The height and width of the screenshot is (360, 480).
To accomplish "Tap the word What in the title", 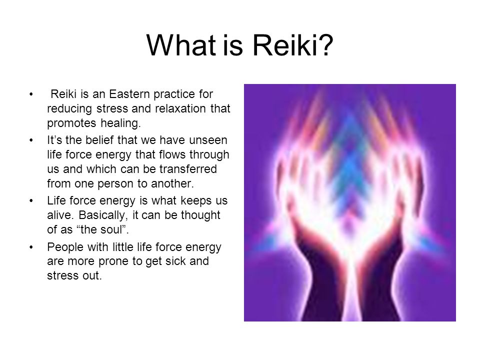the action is [x=181, y=45].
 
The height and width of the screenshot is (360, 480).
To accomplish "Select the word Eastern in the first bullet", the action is [x=130, y=94].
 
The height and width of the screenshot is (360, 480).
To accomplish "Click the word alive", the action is [x=60, y=215].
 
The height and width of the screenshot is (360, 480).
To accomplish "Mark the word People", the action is [x=65, y=247].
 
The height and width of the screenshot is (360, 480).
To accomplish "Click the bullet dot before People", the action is [x=31, y=247].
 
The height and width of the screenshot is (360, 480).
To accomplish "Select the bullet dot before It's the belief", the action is [x=31, y=140].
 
